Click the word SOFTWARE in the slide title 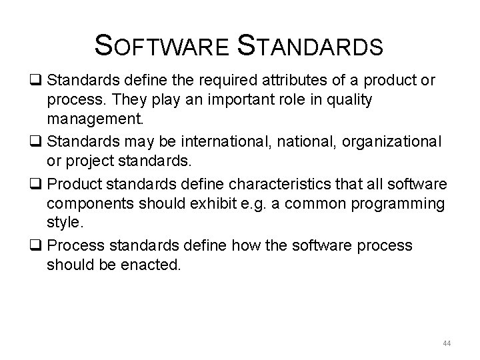163,47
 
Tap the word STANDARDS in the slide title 311,47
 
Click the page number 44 447,343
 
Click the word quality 349,99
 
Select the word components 88,201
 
